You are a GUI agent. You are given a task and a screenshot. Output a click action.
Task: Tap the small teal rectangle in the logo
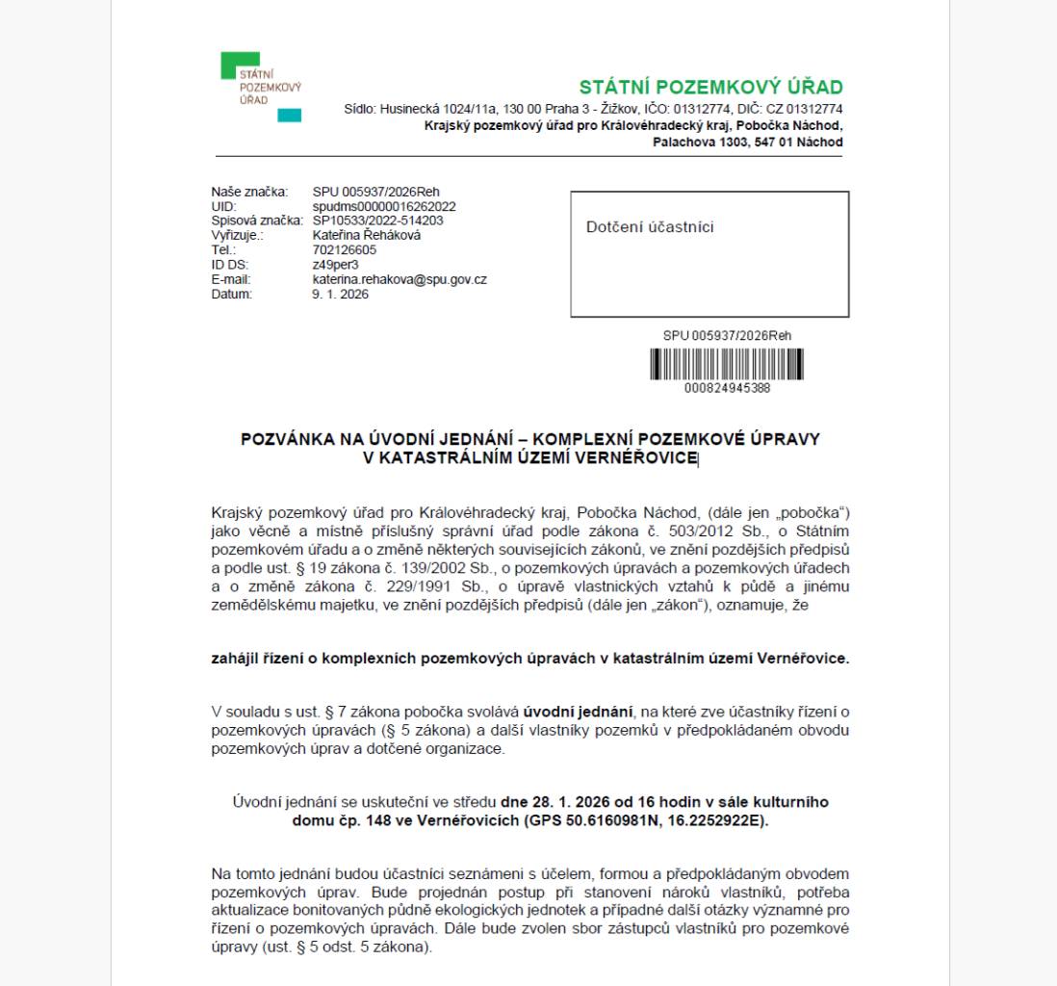click(289, 116)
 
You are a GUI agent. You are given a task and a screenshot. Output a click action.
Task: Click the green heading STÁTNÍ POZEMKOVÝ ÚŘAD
click(710, 88)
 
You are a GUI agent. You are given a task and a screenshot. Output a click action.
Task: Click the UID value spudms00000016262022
click(384, 207)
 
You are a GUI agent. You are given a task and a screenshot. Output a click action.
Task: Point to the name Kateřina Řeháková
click(367, 234)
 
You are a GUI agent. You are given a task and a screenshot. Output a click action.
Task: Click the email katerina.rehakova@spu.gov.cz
click(400, 279)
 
